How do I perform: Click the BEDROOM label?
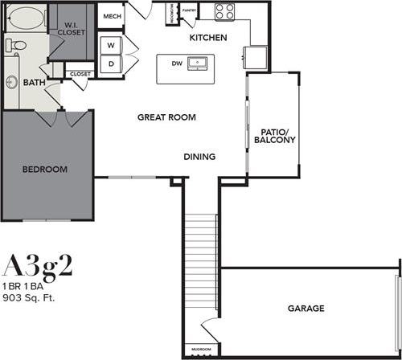tap(44, 170)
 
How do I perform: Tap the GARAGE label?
tap(306, 309)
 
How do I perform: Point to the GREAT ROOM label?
tap(167, 117)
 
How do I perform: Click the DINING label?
tap(199, 157)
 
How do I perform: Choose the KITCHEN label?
tap(207, 38)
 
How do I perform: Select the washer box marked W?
tap(111, 44)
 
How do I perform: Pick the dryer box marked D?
tap(111, 63)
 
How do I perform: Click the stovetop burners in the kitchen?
tap(224, 12)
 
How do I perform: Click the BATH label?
tap(34, 83)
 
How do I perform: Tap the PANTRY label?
tap(190, 10)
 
